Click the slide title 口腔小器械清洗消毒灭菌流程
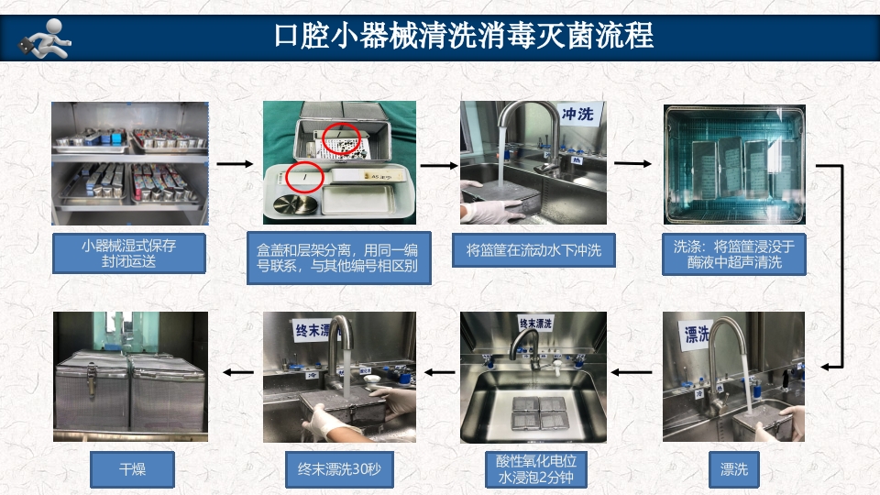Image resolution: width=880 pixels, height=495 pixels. click(x=464, y=36)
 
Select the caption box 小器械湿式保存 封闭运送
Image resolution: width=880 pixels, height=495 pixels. click(x=128, y=253)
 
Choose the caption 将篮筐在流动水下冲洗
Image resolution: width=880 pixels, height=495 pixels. click(x=533, y=250)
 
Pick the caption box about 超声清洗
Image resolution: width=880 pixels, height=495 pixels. click(x=733, y=254)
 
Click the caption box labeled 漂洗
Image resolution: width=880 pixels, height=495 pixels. click(x=733, y=470)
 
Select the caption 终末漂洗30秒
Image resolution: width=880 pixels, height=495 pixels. click(x=338, y=470)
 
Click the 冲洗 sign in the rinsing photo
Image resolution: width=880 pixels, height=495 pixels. click(x=578, y=114)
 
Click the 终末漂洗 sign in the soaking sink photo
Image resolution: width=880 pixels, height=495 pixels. click(x=534, y=324)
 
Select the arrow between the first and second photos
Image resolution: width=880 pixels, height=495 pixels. click(x=235, y=164)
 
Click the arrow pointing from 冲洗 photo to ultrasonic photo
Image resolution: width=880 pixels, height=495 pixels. click(x=633, y=164)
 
